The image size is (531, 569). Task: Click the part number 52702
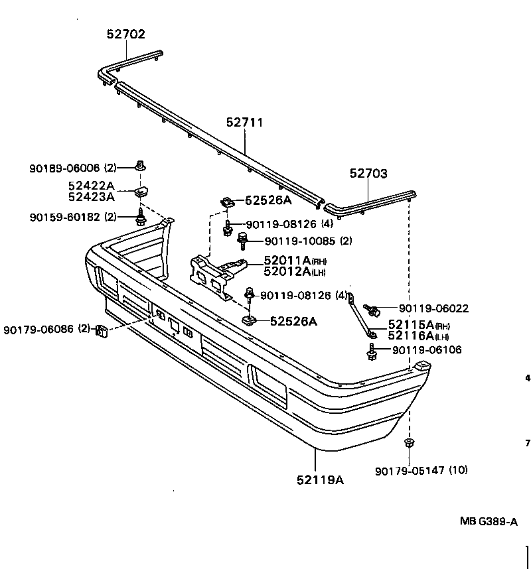pos(125,34)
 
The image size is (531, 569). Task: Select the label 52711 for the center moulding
pos(244,123)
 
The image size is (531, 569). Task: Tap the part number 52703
pos(368,174)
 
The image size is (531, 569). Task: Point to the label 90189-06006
pos(65,168)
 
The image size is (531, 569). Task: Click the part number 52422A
pos(91,186)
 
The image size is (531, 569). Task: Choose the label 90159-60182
pos(65,216)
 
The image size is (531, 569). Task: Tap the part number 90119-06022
pos(434,308)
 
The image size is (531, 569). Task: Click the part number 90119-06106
pos(427,350)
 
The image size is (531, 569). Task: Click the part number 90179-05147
pos(410,471)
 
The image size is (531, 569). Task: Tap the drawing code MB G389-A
pos(489,521)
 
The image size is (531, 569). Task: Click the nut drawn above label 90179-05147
pos(409,443)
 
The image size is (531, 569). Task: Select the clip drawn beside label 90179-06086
pos(102,330)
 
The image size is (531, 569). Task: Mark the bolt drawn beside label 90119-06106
pos(371,351)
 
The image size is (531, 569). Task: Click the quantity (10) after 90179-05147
pos(458,471)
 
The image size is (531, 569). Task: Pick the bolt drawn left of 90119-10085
pos(242,237)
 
